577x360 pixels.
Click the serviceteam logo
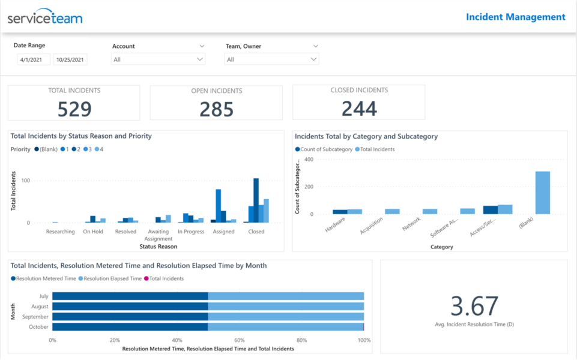tap(45, 18)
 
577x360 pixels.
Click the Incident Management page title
tap(515, 17)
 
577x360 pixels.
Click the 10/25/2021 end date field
tap(70, 59)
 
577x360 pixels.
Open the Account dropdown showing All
tap(158, 59)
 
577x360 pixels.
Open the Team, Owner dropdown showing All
tap(271, 59)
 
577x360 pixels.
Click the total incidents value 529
tap(74, 109)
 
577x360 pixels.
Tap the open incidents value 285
tap(216, 109)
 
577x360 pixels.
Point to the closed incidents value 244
tap(359, 109)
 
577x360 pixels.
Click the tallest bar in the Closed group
tap(256, 200)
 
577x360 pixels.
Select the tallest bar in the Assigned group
tap(218, 206)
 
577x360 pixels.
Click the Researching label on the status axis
tap(61, 232)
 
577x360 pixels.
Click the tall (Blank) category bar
tap(542, 193)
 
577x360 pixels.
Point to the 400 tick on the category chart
tap(309, 160)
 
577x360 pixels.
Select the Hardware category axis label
tap(335, 226)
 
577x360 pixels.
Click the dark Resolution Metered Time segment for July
tap(130, 296)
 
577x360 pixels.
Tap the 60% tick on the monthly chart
tap(239, 340)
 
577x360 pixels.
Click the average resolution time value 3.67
tap(474, 306)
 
